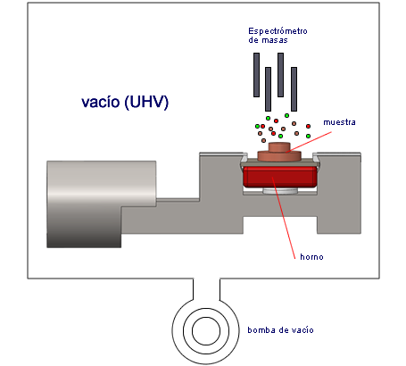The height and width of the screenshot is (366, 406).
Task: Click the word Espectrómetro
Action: click(x=278, y=31)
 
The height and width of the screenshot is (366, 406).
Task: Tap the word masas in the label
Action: click(x=275, y=40)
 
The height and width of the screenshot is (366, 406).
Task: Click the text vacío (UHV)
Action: click(x=125, y=102)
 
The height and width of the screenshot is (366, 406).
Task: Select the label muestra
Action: click(x=339, y=122)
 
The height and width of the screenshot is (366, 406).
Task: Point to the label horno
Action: click(x=311, y=257)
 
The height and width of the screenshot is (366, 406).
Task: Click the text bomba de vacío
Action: click(x=280, y=330)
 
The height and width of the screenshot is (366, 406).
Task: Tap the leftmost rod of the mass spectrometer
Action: click(x=256, y=75)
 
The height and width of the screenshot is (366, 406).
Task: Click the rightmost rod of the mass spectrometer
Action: click(x=294, y=89)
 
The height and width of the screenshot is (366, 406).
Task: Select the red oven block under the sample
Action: click(x=279, y=177)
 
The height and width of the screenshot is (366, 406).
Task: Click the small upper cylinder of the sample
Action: click(x=279, y=146)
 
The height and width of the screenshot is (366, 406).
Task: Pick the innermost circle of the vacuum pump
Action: click(x=206, y=331)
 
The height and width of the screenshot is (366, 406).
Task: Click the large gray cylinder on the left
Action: click(x=101, y=204)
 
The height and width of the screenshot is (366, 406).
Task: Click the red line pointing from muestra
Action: click(x=309, y=142)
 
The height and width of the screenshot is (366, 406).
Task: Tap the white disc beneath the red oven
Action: click(x=279, y=191)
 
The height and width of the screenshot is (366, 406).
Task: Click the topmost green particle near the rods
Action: click(x=286, y=115)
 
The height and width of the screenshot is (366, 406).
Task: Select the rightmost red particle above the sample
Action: click(x=308, y=127)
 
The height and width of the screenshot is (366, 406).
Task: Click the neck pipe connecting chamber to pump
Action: click(x=207, y=289)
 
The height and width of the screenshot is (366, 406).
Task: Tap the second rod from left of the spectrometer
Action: click(x=268, y=89)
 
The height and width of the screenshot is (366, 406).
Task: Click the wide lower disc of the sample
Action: click(x=279, y=156)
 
